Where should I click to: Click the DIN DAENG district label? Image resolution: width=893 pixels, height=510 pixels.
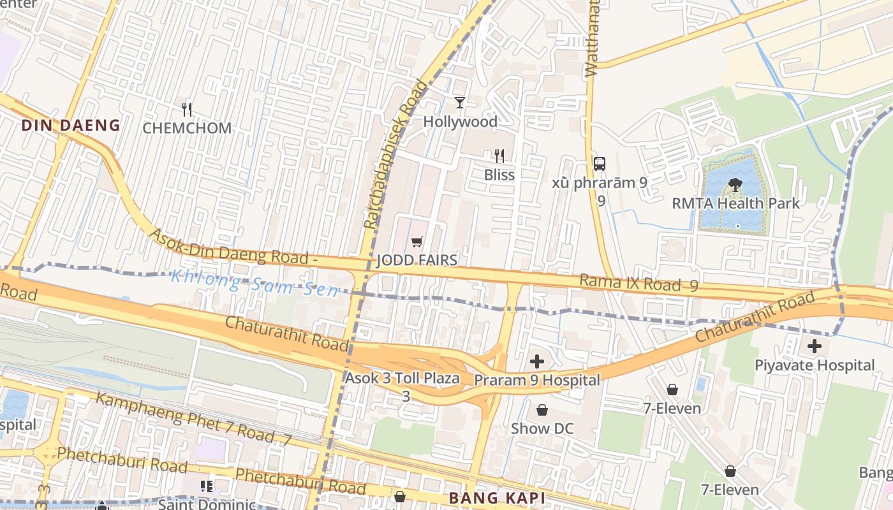[71, 125]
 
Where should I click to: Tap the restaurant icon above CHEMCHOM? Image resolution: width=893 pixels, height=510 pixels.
[187, 109]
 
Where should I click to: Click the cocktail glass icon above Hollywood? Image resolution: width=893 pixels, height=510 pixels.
[460, 102]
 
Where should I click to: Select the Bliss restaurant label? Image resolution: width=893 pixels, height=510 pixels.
[499, 175]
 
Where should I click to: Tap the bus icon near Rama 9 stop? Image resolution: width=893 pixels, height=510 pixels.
[600, 163]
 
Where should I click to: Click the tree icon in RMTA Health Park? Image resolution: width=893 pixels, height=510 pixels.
[735, 185]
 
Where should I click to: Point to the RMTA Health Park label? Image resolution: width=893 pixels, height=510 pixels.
[735, 203]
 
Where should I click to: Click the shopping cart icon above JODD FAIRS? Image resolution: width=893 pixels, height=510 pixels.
[417, 242]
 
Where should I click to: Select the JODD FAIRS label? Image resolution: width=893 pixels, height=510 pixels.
[417, 260]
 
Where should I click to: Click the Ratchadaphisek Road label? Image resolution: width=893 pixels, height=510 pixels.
[395, 154]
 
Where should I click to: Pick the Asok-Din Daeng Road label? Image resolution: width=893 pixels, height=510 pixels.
[233, 247]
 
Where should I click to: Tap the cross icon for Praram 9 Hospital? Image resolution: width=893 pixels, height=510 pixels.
[537, 361]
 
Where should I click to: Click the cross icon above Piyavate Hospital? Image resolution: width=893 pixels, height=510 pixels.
[815, 347]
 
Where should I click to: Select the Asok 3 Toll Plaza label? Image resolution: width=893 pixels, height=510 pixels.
[402, 378]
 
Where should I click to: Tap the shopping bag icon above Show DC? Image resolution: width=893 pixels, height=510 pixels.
[542, 409]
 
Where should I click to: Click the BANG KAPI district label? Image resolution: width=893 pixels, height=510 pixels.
[496, 498]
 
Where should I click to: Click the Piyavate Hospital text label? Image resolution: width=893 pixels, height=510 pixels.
[815, 365]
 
